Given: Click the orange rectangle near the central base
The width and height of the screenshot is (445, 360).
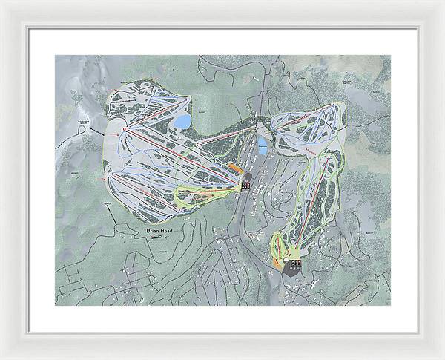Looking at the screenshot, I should [x=236, y=167].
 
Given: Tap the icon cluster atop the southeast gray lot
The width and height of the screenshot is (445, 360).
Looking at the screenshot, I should [x=295, y=261].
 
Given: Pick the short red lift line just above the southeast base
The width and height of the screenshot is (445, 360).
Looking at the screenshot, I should [x=286, y=249].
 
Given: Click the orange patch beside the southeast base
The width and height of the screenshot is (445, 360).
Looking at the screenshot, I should [x=276, y=263].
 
